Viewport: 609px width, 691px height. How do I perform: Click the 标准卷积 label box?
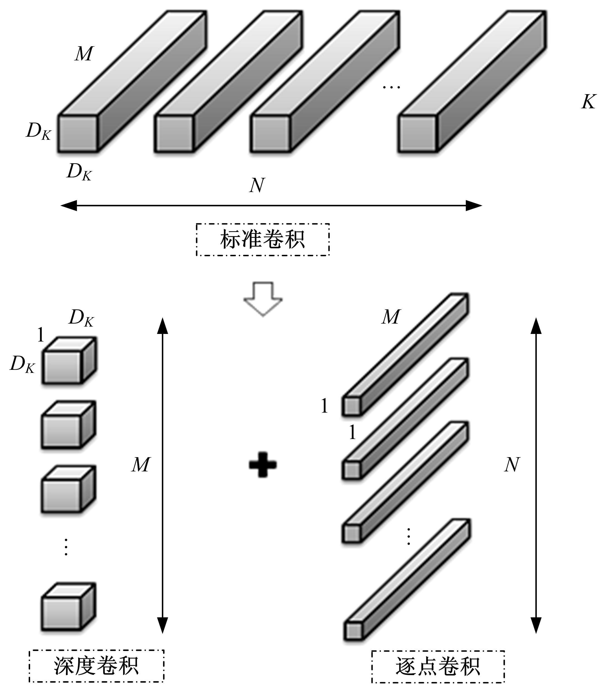click(263, 239)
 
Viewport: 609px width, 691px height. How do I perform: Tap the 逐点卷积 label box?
click(438, 666)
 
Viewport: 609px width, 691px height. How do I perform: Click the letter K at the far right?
click(588, 101)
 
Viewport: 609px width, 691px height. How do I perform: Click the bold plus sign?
click(263, 465)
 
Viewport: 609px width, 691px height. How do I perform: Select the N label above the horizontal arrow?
click(257, 185)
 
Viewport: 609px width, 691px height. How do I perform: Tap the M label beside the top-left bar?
click(84, 53)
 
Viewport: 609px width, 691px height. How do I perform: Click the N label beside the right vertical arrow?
click(512, 465)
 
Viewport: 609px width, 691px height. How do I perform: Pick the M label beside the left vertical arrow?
click(141, 465)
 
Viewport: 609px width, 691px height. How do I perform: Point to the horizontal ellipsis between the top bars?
click(391, 87)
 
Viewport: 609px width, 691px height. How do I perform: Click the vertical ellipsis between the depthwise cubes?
click(66, 547)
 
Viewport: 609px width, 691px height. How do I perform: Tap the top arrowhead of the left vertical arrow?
click(163, 326)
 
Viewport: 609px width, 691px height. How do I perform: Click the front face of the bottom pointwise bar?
click(353, 631)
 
